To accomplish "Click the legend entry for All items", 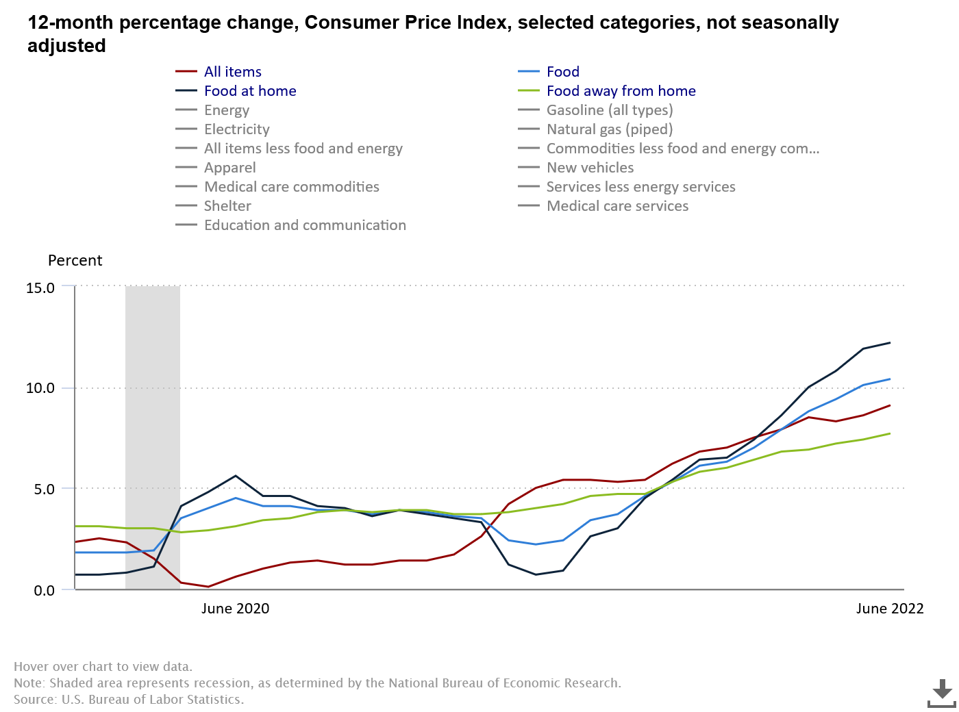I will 232,72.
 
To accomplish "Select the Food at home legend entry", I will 249,91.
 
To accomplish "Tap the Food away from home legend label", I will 621,91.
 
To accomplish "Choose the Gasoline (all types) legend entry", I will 609,110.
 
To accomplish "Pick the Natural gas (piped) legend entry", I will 609,129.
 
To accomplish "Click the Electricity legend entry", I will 236,129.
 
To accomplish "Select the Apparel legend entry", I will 229,168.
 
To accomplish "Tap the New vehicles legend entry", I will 590,168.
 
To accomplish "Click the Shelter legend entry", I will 227,206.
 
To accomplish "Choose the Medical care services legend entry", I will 617,206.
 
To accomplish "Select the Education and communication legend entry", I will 305,225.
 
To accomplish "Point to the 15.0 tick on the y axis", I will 40,288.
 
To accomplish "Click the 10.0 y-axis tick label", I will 40,388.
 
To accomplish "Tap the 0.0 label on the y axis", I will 44,590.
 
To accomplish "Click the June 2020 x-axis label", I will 235,609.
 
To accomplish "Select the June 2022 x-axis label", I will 889,609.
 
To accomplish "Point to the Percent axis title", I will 75,261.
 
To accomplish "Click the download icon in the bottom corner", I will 942,693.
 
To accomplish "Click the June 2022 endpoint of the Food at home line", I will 890,343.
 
